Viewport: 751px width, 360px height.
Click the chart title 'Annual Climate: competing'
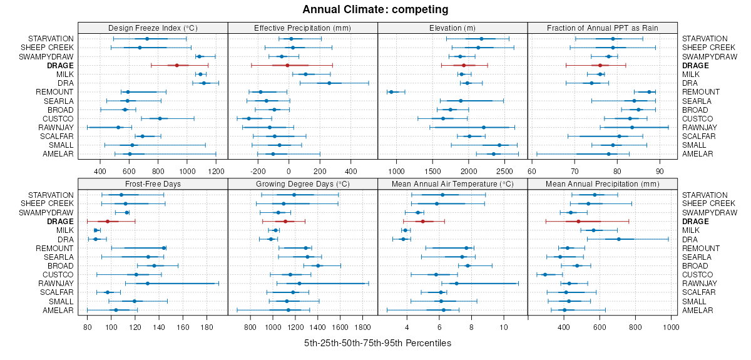tap(375, 9)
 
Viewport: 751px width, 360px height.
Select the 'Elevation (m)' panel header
tap(452, 28)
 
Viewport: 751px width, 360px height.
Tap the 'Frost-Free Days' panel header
tap(153, 184)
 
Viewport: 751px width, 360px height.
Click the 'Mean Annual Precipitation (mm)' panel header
tap(603, 184)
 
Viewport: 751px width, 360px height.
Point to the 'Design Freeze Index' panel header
tap(153, 28)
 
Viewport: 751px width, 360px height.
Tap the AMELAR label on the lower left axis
tap(58, 311)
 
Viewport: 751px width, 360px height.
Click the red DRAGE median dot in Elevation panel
tap(464, 65)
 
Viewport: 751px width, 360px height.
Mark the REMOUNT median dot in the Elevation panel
tap(391, 92)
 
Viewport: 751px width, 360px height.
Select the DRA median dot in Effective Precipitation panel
tap(329, 83)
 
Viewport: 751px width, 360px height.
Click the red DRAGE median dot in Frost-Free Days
tap(108, 222)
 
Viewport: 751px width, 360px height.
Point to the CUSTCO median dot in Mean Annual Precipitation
tap(545, 275)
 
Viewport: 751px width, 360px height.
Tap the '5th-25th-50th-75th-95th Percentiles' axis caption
tap(377, 344)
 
